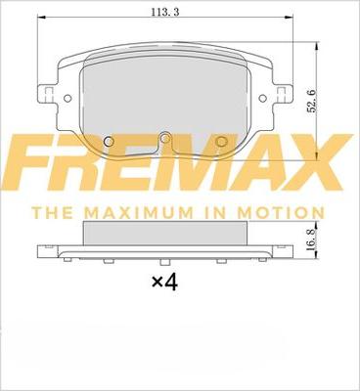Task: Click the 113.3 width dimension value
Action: (x=165, y=12)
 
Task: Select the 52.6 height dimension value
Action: (x=312, y=102)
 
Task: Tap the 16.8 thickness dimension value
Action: (x=311, y=239)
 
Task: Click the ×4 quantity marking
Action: (x=165, y=282)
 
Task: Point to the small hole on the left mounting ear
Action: (x=67, y=98)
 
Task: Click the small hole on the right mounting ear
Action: (x=262, y=98)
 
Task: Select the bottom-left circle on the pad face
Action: (x=109, y=141)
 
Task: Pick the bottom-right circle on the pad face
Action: (x=222, y=141)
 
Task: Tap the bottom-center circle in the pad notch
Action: (x=165, y=139)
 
